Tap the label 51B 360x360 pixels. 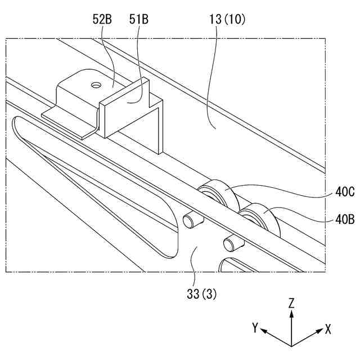pos(139,20)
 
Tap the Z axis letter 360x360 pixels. pos(291,303)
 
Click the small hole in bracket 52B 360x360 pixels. pos(96,85)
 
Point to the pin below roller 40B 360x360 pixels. pos(230,244)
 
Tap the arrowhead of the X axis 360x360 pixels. pos(319,332)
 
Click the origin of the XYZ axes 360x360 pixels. pos(291,344)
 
